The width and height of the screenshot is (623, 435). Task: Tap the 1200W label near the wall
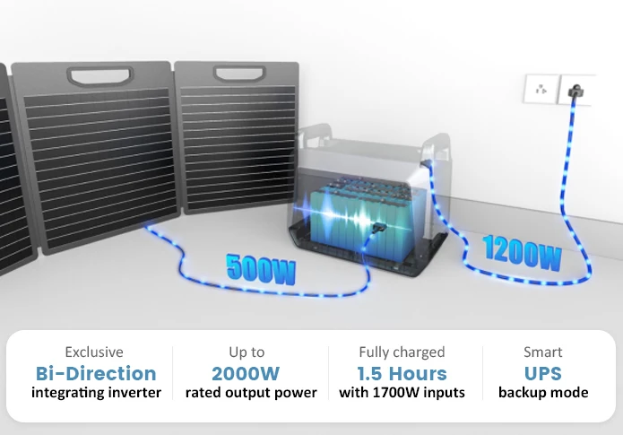523,254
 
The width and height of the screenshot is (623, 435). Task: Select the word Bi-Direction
95,373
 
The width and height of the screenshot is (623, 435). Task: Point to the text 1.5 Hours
402,373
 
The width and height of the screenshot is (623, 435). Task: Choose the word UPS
543,373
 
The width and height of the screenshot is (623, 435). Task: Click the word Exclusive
94,352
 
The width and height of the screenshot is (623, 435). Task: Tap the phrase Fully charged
402,352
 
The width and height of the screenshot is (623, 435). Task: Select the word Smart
543,352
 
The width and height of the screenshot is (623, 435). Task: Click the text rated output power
251,393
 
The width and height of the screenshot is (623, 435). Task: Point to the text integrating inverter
96,393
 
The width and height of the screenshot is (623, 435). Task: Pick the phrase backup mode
543,393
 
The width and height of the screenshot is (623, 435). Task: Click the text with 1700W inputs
402,393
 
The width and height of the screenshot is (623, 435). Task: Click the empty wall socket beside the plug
541,90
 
